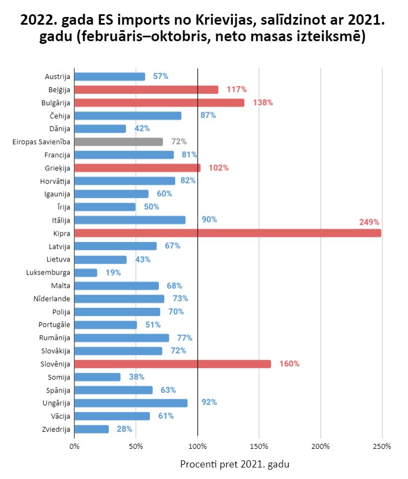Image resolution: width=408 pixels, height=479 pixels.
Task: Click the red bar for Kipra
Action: [x=228, y=233]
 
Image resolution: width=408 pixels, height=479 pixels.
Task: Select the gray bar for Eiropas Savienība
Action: [x=118, y=142]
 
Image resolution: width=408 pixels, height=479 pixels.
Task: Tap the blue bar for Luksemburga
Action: [x=86, y=273]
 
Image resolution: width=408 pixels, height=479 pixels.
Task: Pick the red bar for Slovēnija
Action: [x=173, y=364]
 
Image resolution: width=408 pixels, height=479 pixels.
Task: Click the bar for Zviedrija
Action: [x=91, y=429]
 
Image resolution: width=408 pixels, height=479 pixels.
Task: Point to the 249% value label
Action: [x=369, y=222]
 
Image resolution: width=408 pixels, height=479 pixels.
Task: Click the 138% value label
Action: [x=263, y=102]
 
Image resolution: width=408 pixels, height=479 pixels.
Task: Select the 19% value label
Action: [x=113, y=272]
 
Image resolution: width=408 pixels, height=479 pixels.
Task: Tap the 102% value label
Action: [x=219, y=168]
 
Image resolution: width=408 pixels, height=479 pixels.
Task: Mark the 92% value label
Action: [x=209, y=402]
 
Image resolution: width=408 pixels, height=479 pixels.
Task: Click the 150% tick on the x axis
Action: [x=259, y=447]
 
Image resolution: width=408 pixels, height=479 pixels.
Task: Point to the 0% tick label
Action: [x=74, y=447]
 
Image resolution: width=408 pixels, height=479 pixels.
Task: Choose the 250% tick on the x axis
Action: [x=382, y=447]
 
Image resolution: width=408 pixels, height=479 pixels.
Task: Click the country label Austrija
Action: [x=58, y=77]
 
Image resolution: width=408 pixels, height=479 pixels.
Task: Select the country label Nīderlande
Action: [x=52, y=299]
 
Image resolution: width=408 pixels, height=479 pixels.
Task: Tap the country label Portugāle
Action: [x=54, y=325]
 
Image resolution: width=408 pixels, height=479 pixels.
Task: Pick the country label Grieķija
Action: [x=58, y=168]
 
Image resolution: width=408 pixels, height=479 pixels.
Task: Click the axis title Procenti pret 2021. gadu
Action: [x=235, y=464]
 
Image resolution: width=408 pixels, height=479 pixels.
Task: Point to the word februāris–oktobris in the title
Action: [x=145, y=36]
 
